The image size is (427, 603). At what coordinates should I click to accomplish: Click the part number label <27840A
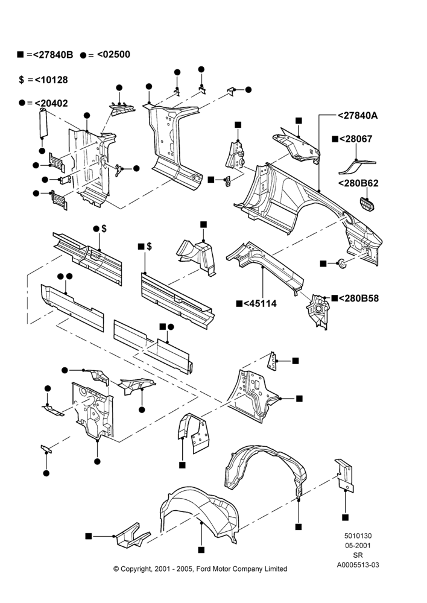click(x=358, y=115)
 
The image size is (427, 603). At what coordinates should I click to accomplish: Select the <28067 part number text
click(x=356, y=139)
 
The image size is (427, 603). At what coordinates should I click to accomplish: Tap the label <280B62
click(x=358, y=183)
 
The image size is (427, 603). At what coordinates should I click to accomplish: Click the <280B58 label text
click(x=358, y=298)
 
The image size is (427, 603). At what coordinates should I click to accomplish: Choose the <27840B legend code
click(x=53, y=55)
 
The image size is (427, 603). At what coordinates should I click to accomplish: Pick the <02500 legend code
click(x=113, y=54)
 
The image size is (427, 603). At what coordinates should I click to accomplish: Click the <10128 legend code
click(x=51, y=80)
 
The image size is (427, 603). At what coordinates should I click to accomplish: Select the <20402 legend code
click(x=51, y=103)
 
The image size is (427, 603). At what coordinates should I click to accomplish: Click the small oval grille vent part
click(x=367, y=204)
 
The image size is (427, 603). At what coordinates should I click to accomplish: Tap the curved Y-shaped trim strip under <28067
click(x=356, y=166)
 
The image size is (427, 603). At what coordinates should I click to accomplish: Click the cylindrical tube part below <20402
click(x=43, y=123)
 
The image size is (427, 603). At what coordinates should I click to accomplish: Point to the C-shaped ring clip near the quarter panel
click(x=341, y=264)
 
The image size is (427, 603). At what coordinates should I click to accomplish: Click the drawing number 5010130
click(x=358, y=535)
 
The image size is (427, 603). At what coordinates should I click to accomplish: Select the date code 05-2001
click(x=358, y=545)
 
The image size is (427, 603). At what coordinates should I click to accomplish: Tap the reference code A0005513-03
click(x=358, y=565)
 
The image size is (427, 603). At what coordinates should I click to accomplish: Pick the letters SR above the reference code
click(x=358, y=555)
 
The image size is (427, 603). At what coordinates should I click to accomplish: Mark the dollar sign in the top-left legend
click(x=21, y=80)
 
